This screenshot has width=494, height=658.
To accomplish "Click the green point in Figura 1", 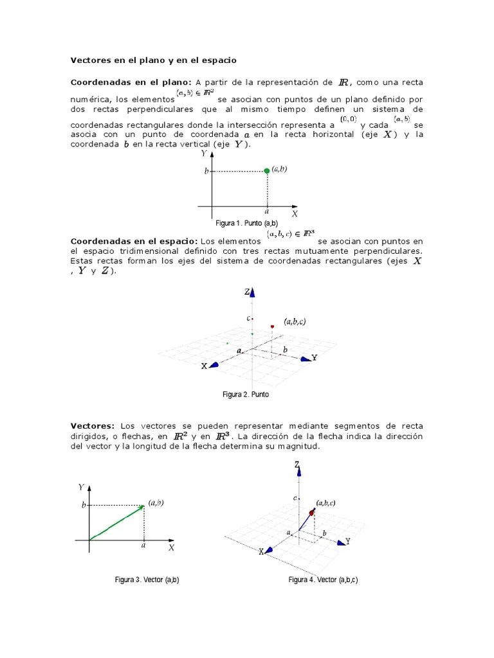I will pyautogui.click(x=267, y=170).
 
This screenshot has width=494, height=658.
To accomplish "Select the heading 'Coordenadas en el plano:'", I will pyautogui.click(x=131, y=82).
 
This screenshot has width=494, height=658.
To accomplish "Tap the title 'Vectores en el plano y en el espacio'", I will pyautogui.click(x=153, y=60).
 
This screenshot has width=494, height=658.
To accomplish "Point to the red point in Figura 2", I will pyautogui.click(x=273, y=327).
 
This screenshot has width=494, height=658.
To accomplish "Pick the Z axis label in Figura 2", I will pyautogui.click(x=247, y=292).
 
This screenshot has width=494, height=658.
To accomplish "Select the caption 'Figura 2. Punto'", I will pyautogui.click(x=246, y=394).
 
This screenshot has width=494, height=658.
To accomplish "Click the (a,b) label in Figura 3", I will pyautogui.click(x=156, y=503).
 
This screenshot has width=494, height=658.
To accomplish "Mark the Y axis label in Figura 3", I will pyautogui.click(x=81, y=488).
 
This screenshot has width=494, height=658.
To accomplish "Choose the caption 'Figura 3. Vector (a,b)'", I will pyautogui.click(x=147, y=580).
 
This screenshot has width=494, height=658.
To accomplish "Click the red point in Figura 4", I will pyautogui.click(x=312, y=512).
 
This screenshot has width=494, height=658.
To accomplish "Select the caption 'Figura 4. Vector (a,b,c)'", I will pyautogui.click(x=323, y=580).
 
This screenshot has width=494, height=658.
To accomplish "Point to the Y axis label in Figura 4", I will pyautogui.click(x=347, y=542).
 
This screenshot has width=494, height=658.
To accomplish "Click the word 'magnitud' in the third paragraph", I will pyautogui.click(x=298, y=447).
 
